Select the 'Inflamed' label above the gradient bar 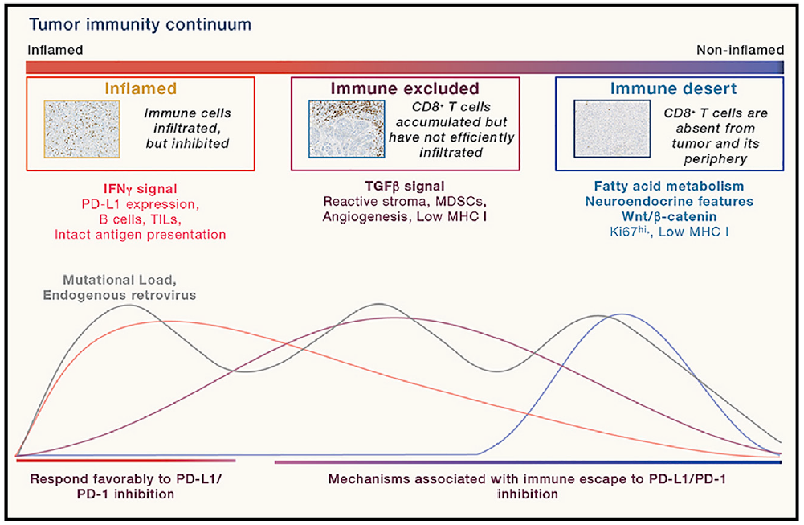coord(55,50)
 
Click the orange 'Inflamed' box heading coord(141,88)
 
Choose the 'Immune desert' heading coord(669,88)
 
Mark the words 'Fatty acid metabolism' coord(669,187)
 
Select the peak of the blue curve coord(621,314)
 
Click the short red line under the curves coord(126,461)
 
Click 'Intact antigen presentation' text coord(141,235)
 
